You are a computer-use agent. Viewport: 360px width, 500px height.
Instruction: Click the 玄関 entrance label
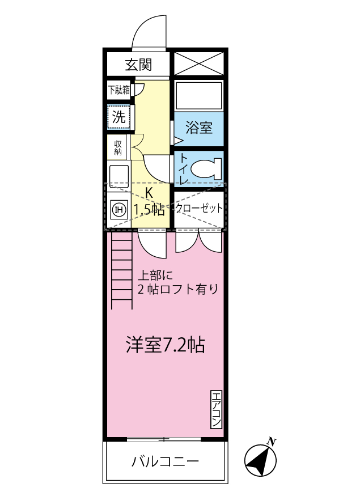138,64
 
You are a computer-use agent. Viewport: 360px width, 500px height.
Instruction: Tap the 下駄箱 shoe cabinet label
119,89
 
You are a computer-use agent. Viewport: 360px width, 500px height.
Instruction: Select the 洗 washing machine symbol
119,117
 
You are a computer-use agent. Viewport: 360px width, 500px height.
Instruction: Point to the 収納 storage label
118,147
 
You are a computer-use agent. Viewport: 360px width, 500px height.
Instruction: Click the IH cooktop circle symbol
119,210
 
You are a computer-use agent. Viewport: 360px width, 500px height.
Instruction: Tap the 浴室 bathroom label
199,128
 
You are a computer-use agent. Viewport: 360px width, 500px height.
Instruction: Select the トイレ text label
183,168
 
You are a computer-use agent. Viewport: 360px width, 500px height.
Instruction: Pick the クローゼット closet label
199,208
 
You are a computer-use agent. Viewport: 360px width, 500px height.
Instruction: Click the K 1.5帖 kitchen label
149,201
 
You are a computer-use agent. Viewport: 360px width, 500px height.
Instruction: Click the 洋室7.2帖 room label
165,345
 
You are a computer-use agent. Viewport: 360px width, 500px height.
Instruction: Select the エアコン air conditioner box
216,410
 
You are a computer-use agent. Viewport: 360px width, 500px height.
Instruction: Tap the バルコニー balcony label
165,461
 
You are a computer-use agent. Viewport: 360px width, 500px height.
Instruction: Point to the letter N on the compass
273,441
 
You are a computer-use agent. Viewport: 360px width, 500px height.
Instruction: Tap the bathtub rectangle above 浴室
198,95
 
